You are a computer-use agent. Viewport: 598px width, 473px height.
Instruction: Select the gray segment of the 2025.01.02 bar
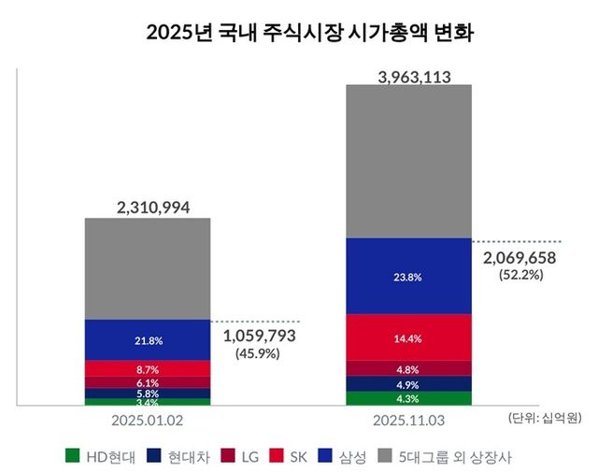tap(148, 268)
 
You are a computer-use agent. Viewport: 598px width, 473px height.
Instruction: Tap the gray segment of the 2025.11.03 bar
tap(408, 161)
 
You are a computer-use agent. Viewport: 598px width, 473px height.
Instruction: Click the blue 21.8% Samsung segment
tap(148, 339)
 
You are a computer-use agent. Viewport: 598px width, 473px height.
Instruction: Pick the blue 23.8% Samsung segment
tap(408, 276)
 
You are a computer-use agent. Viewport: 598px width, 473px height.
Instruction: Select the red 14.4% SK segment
tap(408, 337)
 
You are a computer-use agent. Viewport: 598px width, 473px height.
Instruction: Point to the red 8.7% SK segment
tap(148, 369)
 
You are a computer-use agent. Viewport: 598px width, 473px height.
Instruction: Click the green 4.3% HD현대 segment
tap(408, 399)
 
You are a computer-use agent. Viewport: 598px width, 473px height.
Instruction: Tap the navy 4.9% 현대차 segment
tap(408, 384)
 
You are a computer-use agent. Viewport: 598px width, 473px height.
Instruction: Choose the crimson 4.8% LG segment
tap(408, 368)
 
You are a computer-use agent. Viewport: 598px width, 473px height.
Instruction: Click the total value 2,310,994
tap(148, 207)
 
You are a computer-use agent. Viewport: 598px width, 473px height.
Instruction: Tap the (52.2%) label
tap(521, 276)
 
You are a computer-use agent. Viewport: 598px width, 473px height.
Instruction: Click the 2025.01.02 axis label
tap(148, 421)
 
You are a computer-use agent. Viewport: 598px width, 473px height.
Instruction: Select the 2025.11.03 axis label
tap(408, 421)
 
